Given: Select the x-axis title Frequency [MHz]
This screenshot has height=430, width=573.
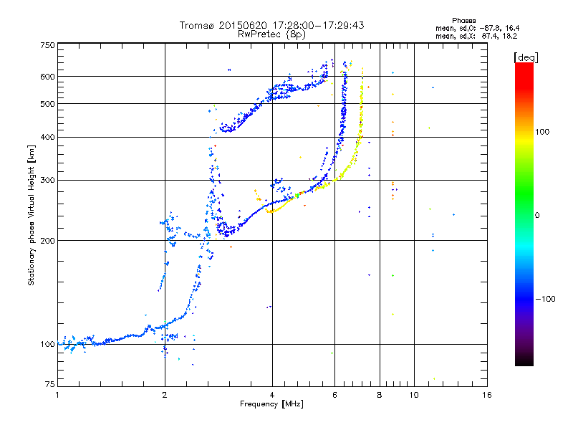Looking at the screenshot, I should pos(272,404).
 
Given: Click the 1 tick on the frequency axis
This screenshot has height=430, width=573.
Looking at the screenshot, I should pos(57,394).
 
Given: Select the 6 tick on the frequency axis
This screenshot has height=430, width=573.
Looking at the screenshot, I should pos(334,394).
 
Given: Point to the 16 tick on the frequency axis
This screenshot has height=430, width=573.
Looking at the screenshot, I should pos(486,394).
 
